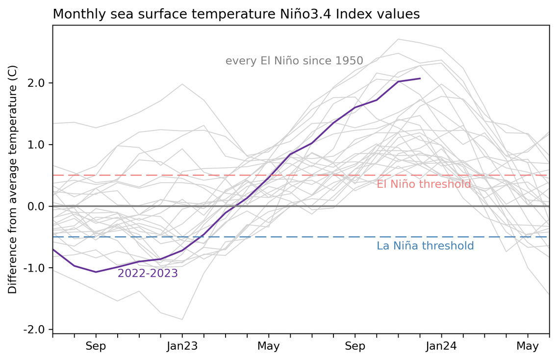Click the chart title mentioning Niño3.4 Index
[x=236, y=14]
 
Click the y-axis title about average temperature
[x=13, y=179]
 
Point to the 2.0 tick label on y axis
[x=35, y=83]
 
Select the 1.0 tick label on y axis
[x=35, y=145]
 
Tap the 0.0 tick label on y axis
[x=35, y=206]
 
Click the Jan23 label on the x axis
[x=182, y=346]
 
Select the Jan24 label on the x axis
[x=441, y=346]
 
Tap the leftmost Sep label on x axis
[x=96, y=346]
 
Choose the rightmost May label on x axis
[x=528, y=346]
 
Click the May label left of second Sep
[x=268, y=346]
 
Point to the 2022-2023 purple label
[x=148, y=274]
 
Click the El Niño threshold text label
[x=424, y=184]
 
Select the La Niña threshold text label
[x=425, y=246]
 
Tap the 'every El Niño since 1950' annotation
[x=294, y=61]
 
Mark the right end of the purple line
[x=420, y=78]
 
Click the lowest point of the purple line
[x=96, y=272]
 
